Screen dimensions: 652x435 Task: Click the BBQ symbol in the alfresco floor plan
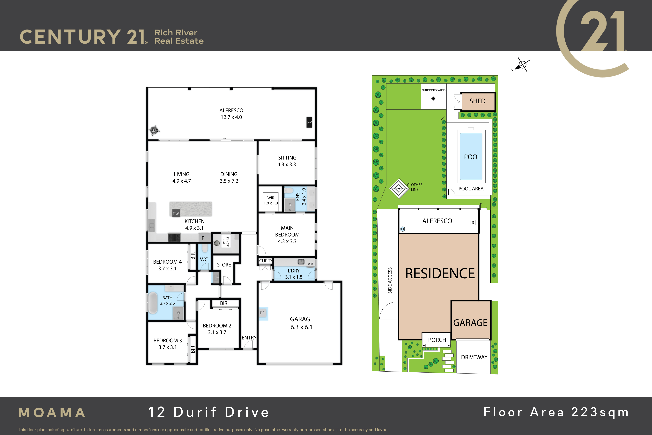point(154,130)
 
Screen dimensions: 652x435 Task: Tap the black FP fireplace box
point(309,122)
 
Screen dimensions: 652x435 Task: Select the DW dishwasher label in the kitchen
point(176,214)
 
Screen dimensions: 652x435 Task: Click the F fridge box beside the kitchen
point(203,238)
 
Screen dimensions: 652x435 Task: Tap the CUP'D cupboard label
point(265,261)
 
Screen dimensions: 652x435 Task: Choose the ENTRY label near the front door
point(249,338)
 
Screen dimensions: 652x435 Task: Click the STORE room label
point(224,265)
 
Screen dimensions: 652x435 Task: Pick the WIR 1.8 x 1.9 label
point(271,200)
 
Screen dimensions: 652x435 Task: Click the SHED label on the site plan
point(477,101)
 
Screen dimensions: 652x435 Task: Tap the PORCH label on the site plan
point(437,340)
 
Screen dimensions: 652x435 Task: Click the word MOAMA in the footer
point(52,412)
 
